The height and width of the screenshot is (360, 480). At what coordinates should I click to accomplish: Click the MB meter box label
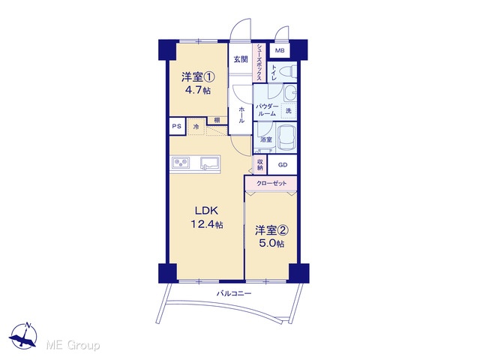click(280, 50)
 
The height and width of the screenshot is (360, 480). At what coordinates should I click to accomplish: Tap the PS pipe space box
click(177, 126)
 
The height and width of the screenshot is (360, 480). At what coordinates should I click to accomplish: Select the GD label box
click(282, 165)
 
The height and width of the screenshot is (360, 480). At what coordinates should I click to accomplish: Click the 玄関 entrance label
click(241, 59)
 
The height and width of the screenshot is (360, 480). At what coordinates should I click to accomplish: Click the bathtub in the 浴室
click(286, 137)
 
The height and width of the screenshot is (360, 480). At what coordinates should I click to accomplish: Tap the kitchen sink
click(210, 163)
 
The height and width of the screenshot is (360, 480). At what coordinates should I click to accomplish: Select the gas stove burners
click(181, 162)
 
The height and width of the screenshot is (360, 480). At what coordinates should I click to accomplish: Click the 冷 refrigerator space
click(196, 126)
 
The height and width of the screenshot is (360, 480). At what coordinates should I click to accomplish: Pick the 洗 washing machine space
click(289, 110)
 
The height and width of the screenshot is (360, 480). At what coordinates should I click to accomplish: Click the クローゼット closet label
click(271, 183)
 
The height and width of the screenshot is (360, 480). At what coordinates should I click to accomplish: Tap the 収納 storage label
click(260, 165)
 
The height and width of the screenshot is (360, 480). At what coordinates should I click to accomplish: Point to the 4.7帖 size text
click(198, 90)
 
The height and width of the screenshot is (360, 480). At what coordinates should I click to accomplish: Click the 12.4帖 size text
click(207, 225)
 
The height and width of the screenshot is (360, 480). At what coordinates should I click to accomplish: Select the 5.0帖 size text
click(271, 243)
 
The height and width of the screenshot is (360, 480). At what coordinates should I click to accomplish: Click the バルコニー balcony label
click(234, 293)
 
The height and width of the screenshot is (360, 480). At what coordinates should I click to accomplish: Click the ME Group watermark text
click(73, 345)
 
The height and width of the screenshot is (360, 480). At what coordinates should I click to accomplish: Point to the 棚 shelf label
click(217, 120)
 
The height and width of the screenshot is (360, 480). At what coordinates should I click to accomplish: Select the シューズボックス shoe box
click(259, 62)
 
